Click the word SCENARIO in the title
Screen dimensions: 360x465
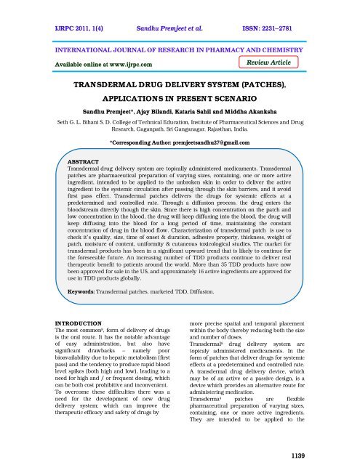tap(246, 102)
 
